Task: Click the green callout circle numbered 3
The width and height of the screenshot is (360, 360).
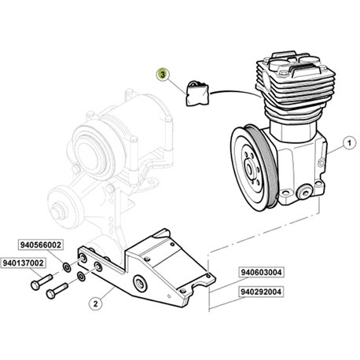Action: point(163,75)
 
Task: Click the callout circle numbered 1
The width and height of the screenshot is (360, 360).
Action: point(349,143)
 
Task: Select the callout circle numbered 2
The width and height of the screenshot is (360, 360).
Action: point(95,303)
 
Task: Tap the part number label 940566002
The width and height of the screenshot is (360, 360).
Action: point(41,245)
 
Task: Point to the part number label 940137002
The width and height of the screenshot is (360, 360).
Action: point(23,263)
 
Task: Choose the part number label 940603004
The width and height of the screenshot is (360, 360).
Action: point(261,272)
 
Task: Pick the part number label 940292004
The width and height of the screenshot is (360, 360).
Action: point(261,292)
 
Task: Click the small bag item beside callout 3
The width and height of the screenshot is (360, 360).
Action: point(197,94)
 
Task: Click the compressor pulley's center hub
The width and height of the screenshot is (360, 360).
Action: point(250,167)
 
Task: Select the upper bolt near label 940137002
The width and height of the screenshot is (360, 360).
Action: point(42,281)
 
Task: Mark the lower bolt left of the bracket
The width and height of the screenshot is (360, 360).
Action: point(57,291)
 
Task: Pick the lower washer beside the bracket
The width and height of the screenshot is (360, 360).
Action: point(81,276)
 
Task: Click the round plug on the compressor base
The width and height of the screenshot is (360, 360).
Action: point(305,193)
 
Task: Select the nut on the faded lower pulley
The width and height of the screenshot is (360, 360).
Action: point(58,211)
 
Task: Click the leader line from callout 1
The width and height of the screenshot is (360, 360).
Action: point(336,149)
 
